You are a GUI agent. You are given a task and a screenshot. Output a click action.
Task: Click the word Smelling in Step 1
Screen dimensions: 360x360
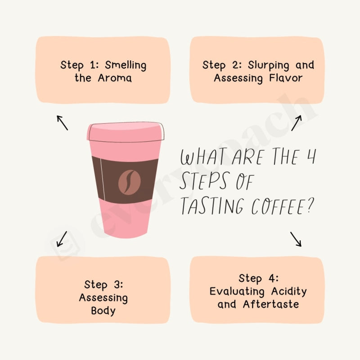pos(126,65)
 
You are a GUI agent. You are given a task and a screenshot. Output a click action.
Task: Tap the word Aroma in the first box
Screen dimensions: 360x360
pos(115,78)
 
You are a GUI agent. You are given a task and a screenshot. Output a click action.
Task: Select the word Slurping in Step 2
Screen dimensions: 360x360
pos(269,65)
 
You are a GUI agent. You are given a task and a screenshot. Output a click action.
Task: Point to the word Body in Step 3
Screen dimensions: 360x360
pos(103,311)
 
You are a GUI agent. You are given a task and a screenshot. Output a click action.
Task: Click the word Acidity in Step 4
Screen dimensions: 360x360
pos(288,291)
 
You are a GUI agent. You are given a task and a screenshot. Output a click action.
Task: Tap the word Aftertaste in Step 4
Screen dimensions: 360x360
pos(271,304)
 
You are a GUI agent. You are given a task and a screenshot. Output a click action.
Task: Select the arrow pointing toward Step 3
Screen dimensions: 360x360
pos(62,238)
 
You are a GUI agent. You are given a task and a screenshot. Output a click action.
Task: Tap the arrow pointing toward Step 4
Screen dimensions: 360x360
pos(296,238)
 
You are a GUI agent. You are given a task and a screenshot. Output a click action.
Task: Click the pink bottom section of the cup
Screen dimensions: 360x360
pos(126,220)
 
